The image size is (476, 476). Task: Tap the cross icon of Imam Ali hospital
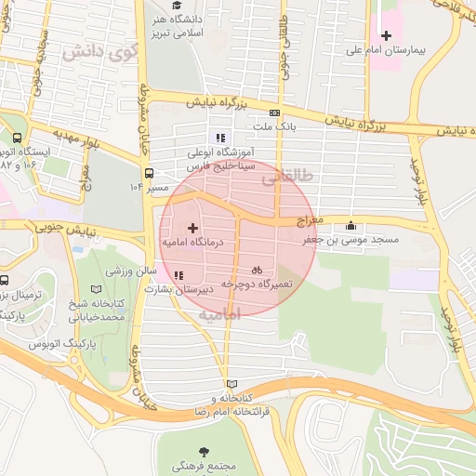pyautogui.click(x=387, y=35)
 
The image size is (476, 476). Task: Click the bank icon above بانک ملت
pyautogui.click(x=272, y=111)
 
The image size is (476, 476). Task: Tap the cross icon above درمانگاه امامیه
pyautogui.click(x=192, y=228)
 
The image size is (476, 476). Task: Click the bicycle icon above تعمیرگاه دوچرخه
pyautogui.click(x=257, y=269)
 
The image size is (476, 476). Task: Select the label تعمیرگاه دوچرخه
pyautogui.click(x=256, y=282)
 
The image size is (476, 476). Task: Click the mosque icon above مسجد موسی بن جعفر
pyautogui.click(x=350, y=225)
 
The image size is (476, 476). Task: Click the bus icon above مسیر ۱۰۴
pyautogui.click(x=150, y=172)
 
